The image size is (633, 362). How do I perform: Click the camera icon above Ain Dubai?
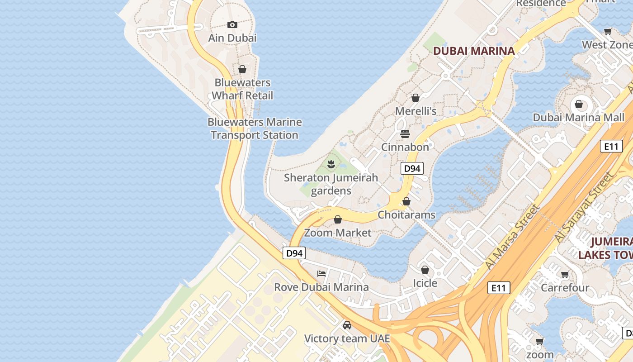click(x=232, y=24)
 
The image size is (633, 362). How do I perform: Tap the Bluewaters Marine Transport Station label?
click(x=255, y=129)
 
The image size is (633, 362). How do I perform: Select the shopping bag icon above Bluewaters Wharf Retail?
click(x=242, y=69)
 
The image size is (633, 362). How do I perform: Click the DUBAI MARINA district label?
click(x=474, y=51)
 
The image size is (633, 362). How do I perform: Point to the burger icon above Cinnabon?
click(x=405, y=133)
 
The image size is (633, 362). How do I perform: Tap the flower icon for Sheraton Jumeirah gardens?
click(x=331, y=164)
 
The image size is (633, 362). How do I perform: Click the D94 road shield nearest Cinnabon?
click(x=412, y=168)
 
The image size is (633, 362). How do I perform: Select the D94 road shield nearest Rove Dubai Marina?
click(x=294, y=253)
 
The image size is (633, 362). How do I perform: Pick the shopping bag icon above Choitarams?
click(x=406, y=201)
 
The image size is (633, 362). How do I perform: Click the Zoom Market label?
click(x=338, y=233)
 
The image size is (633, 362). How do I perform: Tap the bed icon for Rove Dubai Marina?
click(x=321, y=273)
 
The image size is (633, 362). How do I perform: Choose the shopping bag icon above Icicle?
click(x=425, y=270)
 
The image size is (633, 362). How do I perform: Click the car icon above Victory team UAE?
click(x=347, y=325)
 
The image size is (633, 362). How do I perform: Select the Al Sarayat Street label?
click(x=586, y=207)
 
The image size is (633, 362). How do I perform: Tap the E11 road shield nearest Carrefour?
click(x=499, y=287)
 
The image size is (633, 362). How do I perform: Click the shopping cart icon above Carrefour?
click(x=565, y=274)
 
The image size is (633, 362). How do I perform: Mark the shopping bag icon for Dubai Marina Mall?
click(x=579, y=105)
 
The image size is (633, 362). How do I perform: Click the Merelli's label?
click(x=416, y=111)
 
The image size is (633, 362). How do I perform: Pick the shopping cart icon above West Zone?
click(x=608, y=31)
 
